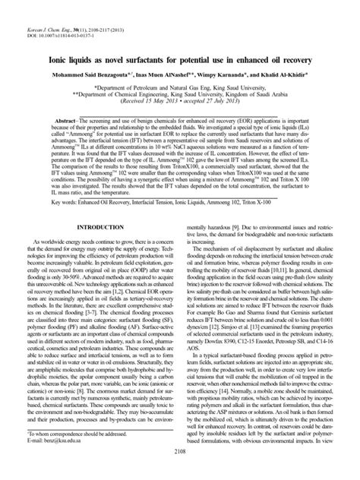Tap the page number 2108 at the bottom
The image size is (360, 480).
(180, 472)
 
